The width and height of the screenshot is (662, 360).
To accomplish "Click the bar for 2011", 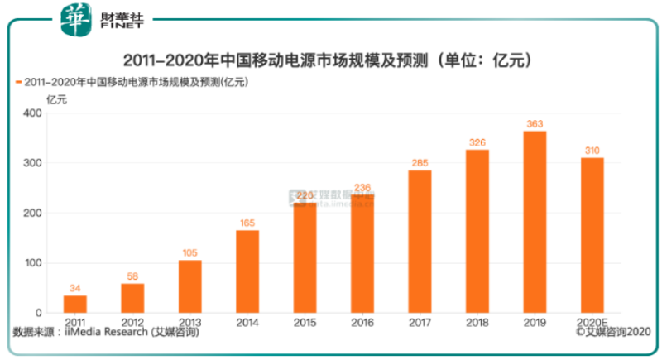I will pyautogui.click(x=74, y=304).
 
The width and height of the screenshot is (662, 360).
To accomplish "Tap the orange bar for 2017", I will pyautogui.click(x=420, y=241).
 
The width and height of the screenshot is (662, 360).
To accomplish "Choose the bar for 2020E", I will pyautogui.click(x=592, y=235).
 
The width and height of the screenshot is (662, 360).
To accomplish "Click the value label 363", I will pyautogui.click(x=535, y=124).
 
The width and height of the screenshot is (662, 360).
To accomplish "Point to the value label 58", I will pyautogui.click(x=132, y=276).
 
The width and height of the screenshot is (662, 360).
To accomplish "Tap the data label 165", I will pyautogui.click(x=247, y=223).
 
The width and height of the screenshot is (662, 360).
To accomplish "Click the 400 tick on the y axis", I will pyautogui.click(x=32, y=113).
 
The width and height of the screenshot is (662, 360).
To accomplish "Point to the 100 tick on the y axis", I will pyautogui.click(x=32, y=263).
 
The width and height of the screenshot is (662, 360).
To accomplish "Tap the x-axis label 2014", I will pyautogui.click(x=247, y=321).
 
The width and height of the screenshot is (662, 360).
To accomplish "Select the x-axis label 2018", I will pyautogui.click(x=477, y=321).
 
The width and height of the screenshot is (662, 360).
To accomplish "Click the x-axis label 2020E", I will pyautogui.click(x=592, y=321).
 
